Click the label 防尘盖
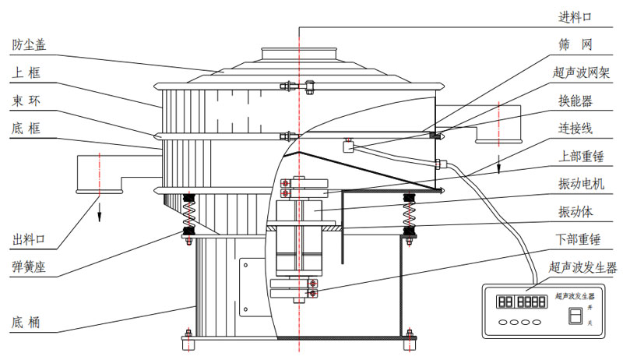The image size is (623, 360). click(x=29, y=44)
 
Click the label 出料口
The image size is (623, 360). click(x=29, y=238)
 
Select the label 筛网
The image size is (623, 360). click(x=576, y=44)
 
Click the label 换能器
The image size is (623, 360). click(x=576, y=101)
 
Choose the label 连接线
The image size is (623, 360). click(x=576, y=128)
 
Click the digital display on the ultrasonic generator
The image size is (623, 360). click(x=522, y=302)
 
